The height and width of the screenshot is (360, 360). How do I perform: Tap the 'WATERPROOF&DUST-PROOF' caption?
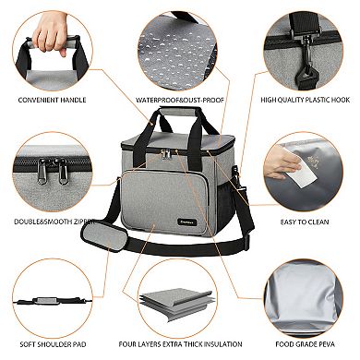coord(174,98)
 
